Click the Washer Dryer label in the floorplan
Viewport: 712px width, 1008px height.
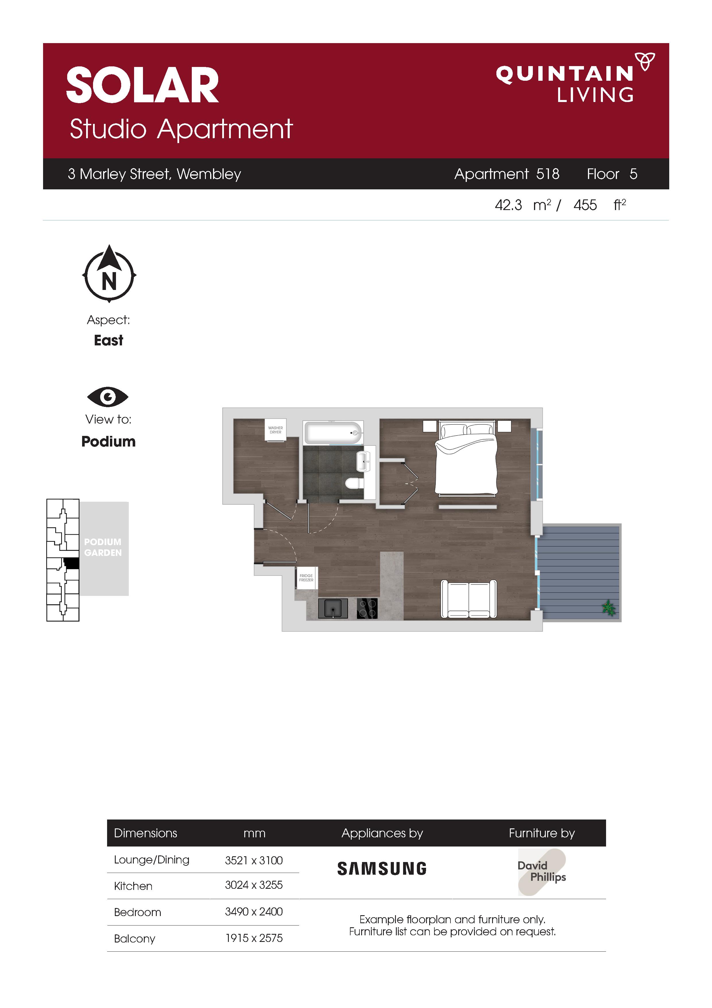point(276,430)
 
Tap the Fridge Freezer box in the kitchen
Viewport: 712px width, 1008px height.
point(306,578)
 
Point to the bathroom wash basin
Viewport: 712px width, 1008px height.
point(364,461)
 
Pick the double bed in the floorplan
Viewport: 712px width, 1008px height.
point(466,459)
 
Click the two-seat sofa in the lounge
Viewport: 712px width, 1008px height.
point(469,599)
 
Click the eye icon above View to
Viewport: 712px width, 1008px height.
point(108,397)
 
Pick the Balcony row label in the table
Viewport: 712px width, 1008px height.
point(135,939)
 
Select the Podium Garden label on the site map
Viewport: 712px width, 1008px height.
point(103,547)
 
